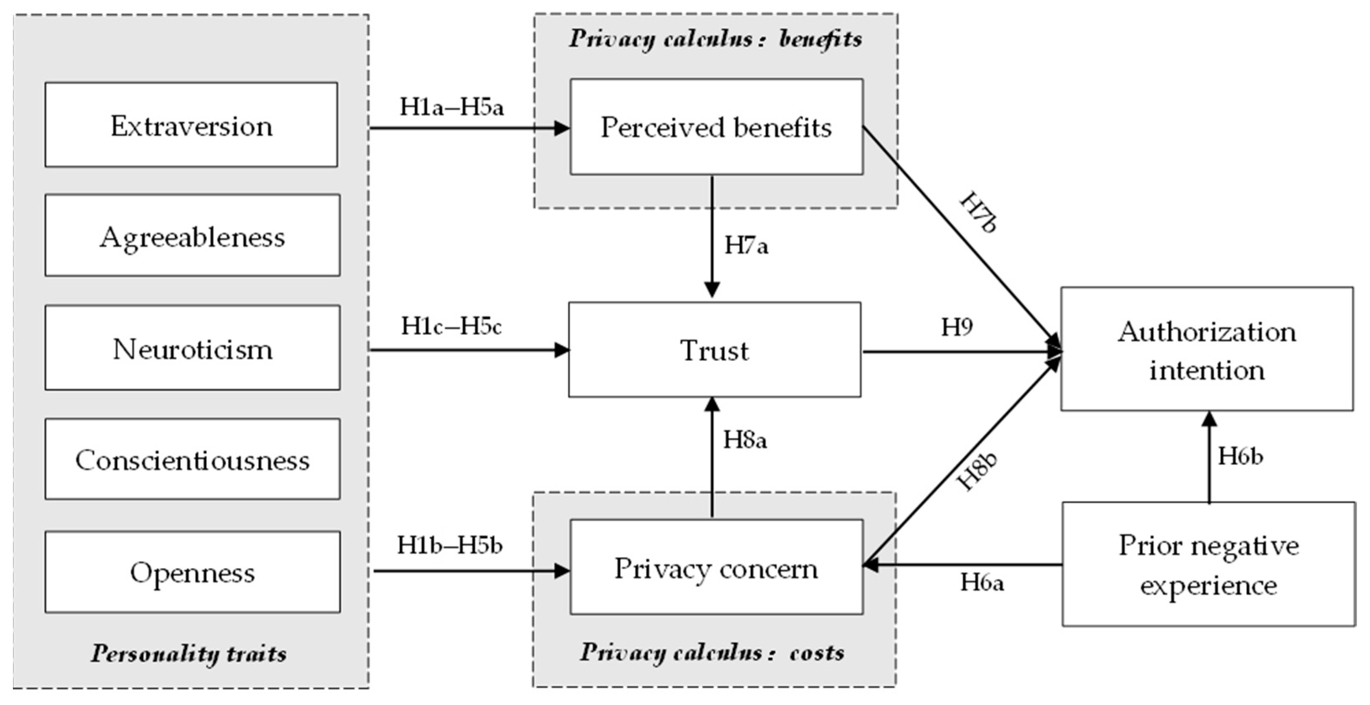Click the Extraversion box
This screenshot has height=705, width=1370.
pos(191,125)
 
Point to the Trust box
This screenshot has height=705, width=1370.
pos(714,350)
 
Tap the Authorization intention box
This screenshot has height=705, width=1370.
pos(1206,349)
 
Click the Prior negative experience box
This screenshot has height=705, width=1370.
pos(1208,564)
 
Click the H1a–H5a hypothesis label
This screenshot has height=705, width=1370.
pos(452,107)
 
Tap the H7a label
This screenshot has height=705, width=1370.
pos(746,245)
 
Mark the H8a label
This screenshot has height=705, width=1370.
pos(745,440)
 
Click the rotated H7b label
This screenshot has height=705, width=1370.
pos(978,213)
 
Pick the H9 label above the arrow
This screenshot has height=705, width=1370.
pos(956,327)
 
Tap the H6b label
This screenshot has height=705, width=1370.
pos(1240,456)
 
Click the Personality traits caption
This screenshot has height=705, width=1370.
pos(188,653)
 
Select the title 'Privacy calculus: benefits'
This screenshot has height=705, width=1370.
pos(715,39)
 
